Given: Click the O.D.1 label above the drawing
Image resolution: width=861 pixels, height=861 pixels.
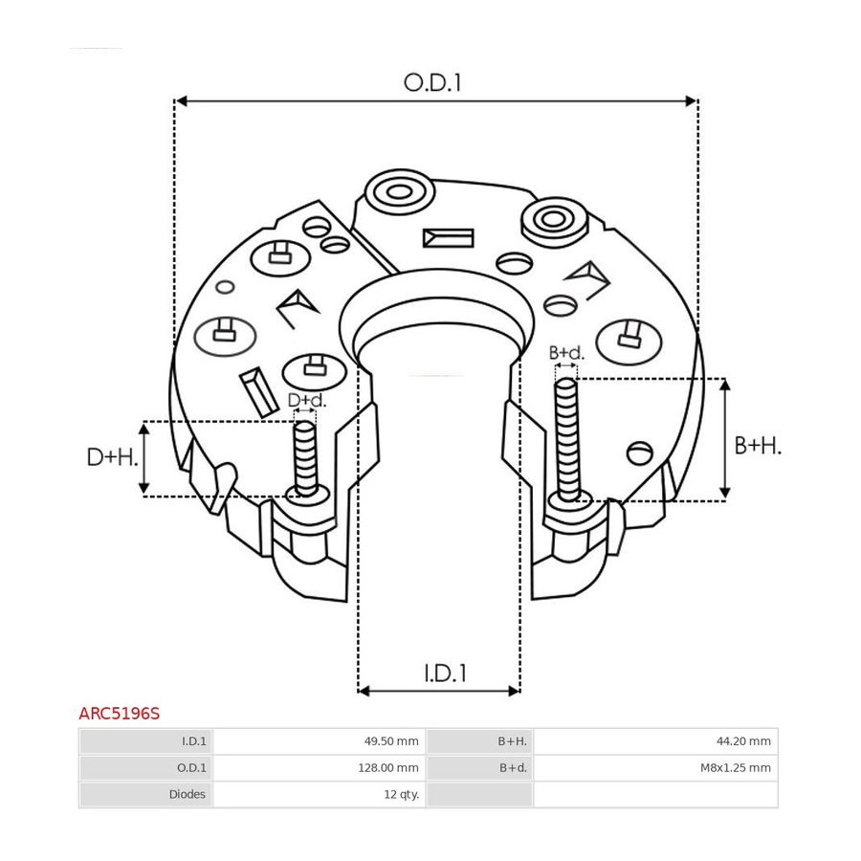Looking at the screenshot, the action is coord(432,83).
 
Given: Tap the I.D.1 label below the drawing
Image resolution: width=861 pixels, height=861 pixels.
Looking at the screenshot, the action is coord(445,673).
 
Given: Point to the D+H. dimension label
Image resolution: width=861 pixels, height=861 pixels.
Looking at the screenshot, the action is coord(113,457).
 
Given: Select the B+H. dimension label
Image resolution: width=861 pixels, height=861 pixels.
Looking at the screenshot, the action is coord(758,445).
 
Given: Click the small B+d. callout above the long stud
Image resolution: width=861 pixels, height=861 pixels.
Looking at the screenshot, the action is coord(566,352).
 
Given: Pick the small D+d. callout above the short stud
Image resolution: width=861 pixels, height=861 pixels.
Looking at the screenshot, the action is coord(307,400).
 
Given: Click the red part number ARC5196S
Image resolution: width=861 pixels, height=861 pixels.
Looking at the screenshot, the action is coord(120,714).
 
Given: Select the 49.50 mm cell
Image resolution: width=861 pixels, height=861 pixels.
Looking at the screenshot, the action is coord(391,741).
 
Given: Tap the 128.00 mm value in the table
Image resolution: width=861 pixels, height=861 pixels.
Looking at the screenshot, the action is coord(388,767).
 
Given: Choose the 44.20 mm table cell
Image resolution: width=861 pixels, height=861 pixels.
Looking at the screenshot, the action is coord(743,741).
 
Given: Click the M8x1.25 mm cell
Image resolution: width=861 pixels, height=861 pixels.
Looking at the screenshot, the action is coord(736,767).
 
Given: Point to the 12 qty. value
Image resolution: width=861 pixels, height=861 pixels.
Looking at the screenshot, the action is coord(402,794).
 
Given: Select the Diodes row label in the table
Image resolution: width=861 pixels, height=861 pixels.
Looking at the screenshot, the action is coord(188,794).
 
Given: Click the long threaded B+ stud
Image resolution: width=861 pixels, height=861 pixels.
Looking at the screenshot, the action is coord(567,439).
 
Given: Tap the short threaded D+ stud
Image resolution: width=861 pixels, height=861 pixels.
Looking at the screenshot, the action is coord(305,458).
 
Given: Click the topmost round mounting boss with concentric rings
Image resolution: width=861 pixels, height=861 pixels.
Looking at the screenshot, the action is coord(400,191).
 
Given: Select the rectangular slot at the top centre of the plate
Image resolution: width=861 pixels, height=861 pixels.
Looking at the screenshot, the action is coord(448,238).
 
